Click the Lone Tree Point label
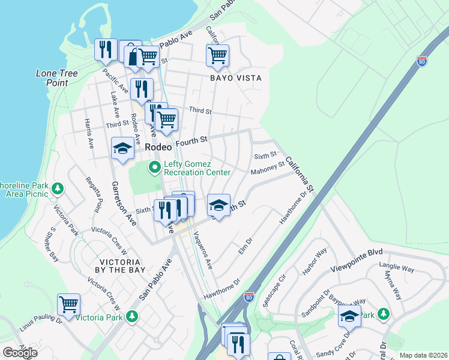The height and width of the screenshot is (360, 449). pos(52,78)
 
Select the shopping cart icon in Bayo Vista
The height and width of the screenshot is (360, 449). pos(217,56)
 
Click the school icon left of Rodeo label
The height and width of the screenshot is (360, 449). pos(122,148)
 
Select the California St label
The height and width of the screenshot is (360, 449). pos(300,175)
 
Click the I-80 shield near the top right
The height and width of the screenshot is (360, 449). pos(422,61)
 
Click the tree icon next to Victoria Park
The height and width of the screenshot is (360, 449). pos(133,316)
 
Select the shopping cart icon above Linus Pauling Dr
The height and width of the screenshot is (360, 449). pos(68,304)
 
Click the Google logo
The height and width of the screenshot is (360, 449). pos(20,353)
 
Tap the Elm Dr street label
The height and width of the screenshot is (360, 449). pos(245,245)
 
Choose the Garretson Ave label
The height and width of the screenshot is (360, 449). pos(122,203)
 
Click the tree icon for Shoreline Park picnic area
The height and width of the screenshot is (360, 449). pos(58,190)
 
